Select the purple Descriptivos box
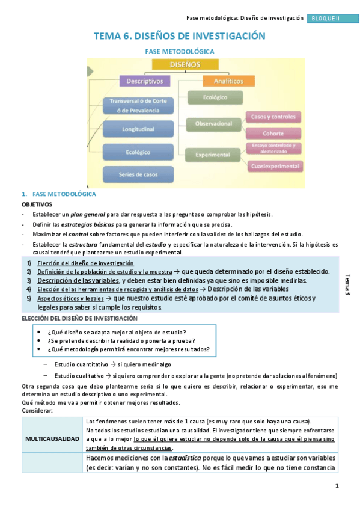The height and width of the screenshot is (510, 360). tap(145, 81)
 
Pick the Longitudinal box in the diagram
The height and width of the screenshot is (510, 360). tap(138, 129)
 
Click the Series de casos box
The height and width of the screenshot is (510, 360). tap(138, 174)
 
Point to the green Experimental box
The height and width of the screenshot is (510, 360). tap(212, 155)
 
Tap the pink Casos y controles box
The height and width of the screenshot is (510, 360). tap(273, 117)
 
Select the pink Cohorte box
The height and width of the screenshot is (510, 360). tap(273, 133)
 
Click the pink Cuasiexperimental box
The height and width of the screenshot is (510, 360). tap(275, 165)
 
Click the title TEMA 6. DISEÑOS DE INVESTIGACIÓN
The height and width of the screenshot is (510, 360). tap(179, 37)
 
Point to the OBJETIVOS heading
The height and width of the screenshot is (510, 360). tap(37, 204)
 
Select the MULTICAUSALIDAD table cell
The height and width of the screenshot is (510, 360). tap(52, 438)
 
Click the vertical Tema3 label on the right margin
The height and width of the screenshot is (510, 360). tap(348, 284)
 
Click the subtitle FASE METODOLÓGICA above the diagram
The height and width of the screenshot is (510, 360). tap(180, 52)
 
